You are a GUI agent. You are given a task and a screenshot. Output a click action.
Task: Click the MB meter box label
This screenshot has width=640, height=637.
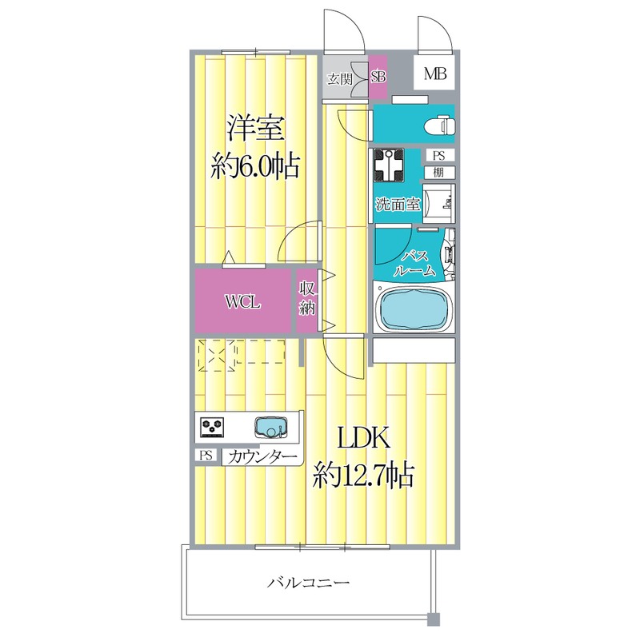(435, 75)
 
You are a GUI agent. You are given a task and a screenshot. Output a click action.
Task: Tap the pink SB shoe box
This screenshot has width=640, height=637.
(378, 77)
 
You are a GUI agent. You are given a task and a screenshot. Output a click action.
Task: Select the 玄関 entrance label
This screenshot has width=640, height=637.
(340, 78)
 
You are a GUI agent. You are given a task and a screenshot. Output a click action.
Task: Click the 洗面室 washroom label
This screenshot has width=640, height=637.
(398, 204)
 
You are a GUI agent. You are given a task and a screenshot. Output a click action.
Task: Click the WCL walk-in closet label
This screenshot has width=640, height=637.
(242, 302)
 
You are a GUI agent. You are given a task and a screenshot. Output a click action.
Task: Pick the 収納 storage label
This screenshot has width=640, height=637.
(306, 299)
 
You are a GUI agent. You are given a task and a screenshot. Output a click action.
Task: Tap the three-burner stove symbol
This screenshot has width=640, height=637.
(213, 428)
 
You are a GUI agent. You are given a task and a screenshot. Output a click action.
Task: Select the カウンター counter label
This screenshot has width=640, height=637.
(262, 457)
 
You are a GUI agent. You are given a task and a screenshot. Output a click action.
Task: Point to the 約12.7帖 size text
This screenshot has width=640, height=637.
(363, 476)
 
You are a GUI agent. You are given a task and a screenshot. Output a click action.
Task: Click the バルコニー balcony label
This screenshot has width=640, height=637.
(310, 583)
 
